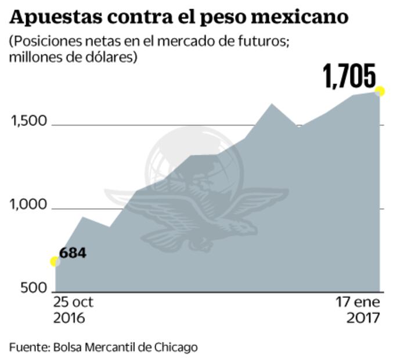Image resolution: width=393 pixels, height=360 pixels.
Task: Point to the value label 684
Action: [x=73, y=253]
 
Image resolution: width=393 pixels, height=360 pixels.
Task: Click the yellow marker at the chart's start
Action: [x=55, y=261]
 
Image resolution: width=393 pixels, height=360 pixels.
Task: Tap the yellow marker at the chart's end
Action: [x=380, y=91]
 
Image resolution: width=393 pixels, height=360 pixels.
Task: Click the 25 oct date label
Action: [x=73, y=303]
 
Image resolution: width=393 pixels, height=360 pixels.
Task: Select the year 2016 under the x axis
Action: [x=69, y=318]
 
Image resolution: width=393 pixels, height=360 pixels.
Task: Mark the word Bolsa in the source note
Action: [x=67, y=347]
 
